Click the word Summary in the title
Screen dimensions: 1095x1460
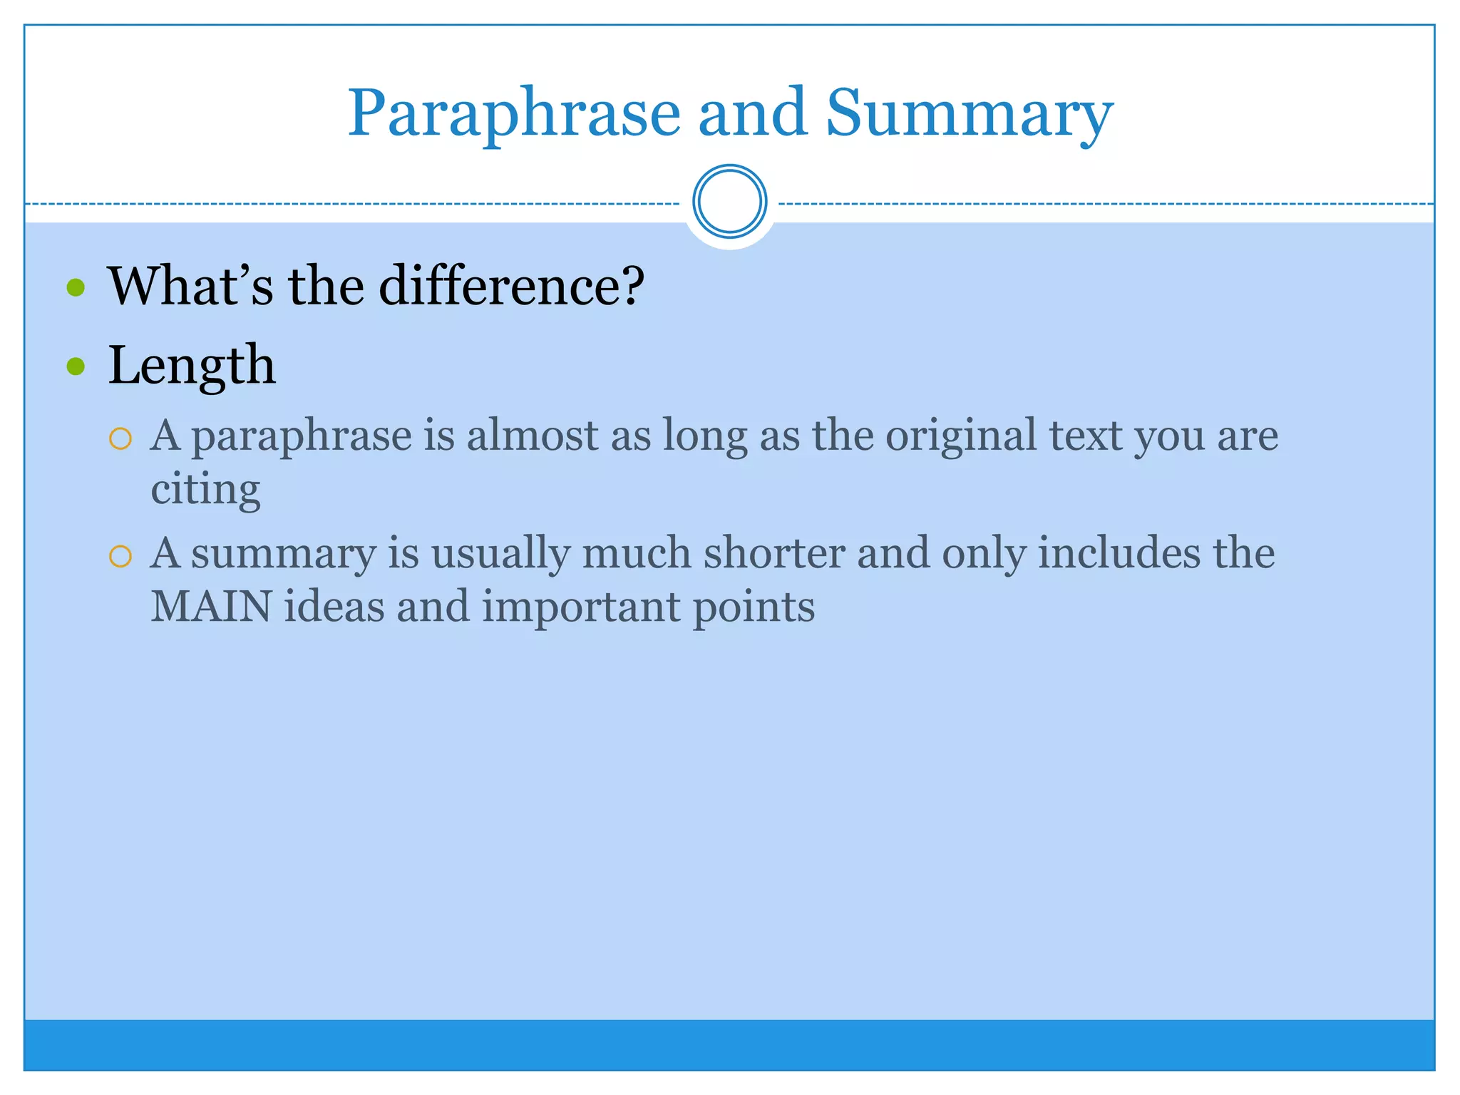coord(969,114)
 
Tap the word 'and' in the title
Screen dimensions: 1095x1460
coord(753,114)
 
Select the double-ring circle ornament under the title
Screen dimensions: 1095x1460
coord(729,202)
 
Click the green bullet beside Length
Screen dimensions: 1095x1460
coord(76,366)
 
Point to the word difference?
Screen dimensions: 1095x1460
coord(511,286)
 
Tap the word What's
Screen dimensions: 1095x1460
coord(190,286)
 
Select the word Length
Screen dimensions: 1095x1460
coord(191,366)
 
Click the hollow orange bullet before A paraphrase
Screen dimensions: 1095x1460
coord(120,438)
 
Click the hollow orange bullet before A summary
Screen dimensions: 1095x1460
coord(120,556)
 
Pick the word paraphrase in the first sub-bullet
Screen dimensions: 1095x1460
coord(302,436)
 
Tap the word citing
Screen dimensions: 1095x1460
coord(205,490)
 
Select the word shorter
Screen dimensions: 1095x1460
coord(774,553)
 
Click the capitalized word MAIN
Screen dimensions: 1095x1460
coord(211,607)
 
